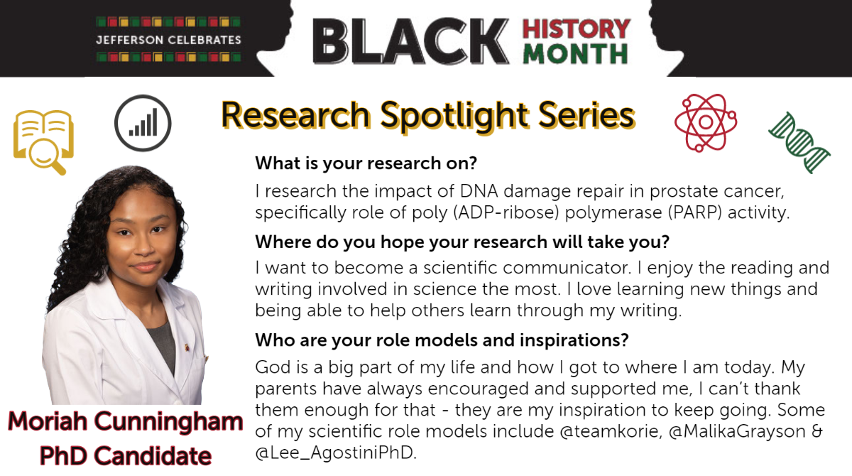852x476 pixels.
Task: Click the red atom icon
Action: click(x=706, y=122)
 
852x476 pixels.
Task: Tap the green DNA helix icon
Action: click(x=799, y=143)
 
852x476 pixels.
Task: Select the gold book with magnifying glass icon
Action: click(x=43, y=142)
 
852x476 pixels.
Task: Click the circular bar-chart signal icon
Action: click(x=143, y=123)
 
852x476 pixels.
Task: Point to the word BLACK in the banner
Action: click(x=411, y=41)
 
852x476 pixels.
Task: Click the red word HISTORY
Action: click(x=577, y=29)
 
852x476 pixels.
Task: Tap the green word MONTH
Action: click(x=576, y=54)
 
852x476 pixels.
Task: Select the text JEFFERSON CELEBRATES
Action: click(x=168, y=40)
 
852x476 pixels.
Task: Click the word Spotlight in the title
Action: click(x=454, y=116)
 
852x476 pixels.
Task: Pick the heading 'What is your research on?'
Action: click(x=366, y=163)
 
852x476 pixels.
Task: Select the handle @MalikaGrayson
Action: click(x=737, y=432)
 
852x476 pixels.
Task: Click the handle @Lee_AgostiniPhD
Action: click(x=336, y=453)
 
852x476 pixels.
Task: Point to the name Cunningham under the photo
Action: click(x=168, y=422)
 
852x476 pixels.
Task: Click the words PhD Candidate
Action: click(x=126, y=456)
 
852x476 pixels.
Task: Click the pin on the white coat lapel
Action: click(x=187, y=347)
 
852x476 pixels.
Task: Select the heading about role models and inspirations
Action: click(x=442, y=340)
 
